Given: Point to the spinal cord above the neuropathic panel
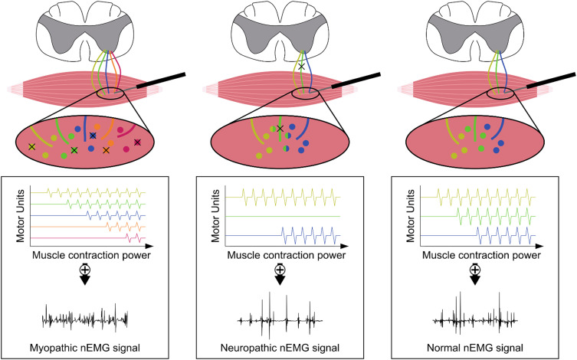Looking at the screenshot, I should tap(288, 27).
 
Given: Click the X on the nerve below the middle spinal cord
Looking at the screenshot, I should tap(302, 67).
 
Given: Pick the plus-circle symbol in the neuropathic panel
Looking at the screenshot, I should tap(288, 270).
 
